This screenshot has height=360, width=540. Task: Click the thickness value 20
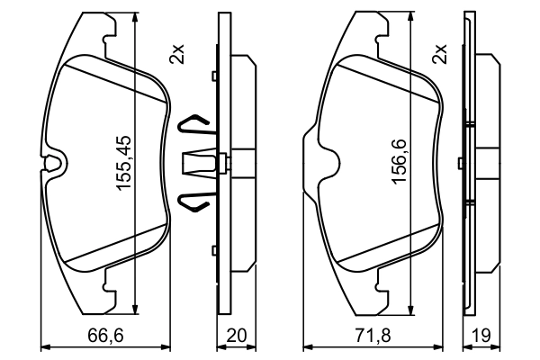[x=238, y=336]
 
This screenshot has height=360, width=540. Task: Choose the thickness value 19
[x=481, y=336]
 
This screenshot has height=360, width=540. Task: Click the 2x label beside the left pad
[x=177, y=54]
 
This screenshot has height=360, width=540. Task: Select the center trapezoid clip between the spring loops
[x=201, y=163]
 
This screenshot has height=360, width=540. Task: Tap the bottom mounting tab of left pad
[x=112, y=288]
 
